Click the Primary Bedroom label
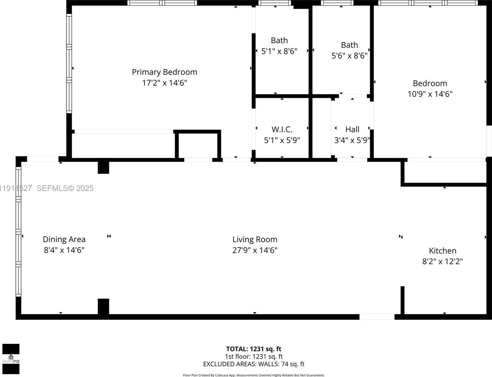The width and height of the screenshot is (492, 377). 164,72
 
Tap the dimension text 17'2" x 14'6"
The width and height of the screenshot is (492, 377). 164,83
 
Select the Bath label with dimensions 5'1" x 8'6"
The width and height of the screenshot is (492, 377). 279,40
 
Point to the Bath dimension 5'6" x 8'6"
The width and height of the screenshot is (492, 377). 349,56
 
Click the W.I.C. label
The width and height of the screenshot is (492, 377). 282,129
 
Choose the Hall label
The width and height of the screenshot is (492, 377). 352,129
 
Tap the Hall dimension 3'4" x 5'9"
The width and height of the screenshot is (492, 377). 352,140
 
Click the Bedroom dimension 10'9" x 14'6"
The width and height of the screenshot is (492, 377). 430,94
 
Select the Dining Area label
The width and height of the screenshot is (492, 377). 64,239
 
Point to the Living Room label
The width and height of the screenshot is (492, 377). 255,239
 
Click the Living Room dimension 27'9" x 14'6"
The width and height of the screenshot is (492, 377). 255,250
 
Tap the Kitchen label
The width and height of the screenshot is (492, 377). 442,251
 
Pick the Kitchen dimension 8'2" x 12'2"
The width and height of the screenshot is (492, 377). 442,261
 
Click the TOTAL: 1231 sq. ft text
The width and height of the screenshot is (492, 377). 253,349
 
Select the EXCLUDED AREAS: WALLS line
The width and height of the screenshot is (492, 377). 253,364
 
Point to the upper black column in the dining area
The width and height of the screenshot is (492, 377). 103,167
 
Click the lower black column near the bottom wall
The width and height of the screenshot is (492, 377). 103,307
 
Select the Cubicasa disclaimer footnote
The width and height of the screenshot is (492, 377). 253,375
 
